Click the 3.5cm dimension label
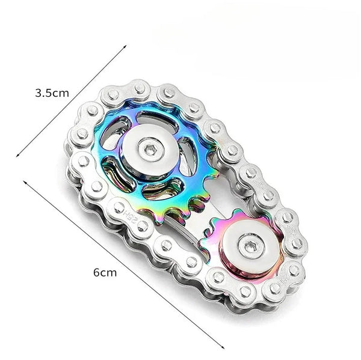tap(52, 93)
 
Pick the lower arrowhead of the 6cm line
tap(224, 347)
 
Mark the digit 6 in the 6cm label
tap(96, 272)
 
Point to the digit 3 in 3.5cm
tap(39, 93)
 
